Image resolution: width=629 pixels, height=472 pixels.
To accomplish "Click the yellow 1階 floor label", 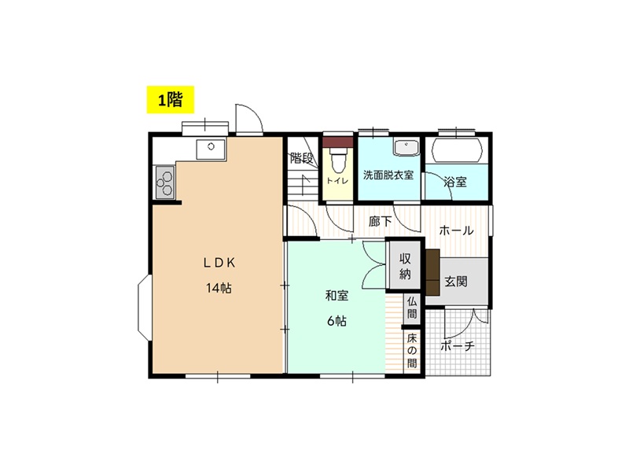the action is [170, 100].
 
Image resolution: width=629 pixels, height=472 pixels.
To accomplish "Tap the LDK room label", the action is [219, 263].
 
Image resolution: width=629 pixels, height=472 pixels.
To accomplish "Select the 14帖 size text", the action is [219, 288].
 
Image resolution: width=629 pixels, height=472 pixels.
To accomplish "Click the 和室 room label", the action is [337, 296].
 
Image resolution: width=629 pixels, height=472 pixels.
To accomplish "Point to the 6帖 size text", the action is [337, 321].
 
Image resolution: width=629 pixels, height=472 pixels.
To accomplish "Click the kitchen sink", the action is [211, 149].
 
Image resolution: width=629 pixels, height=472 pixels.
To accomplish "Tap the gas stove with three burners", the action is [165, 183].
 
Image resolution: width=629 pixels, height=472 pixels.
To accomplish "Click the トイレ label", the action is [337, 181].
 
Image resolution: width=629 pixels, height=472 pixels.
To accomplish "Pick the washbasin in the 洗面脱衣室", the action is [406, 148].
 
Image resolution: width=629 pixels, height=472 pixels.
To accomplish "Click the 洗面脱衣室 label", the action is [388, 175].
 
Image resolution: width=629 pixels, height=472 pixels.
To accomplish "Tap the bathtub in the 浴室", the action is [457, 150].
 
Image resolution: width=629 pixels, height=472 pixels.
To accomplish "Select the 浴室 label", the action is [455, 182].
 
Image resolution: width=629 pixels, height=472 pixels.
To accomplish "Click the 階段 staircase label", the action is [301, 158].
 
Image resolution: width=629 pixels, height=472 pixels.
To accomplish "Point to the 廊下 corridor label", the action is [380, 221].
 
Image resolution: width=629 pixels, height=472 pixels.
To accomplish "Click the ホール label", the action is [456, 230].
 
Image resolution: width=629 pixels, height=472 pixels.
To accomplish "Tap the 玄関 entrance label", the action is [456, 282].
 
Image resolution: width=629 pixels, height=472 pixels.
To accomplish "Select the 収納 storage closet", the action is [405, 266].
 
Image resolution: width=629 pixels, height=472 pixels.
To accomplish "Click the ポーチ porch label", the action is [458, 345].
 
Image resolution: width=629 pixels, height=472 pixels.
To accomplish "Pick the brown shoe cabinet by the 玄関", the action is [433, 271].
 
